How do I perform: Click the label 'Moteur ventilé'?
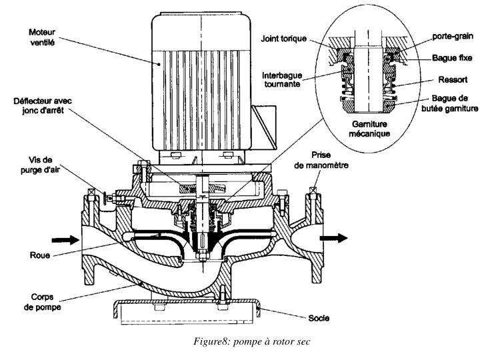click(42, 37)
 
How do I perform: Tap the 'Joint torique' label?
click(283, 39)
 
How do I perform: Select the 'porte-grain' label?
click(453, 37)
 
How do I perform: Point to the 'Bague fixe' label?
click(452, 57)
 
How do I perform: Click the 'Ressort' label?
click(453, 80)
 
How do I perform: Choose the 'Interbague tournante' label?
click(282, 79)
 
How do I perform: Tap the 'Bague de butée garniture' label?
click(449, 103)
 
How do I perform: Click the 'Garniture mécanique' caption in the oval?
click(369, 129)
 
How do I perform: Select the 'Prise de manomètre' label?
click(321, 160)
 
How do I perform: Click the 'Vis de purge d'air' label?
click(40, 165)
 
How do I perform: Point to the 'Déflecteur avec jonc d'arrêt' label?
click(43, 105)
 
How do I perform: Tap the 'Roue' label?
click(40, 255)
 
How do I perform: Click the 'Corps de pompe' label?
click(42, 302)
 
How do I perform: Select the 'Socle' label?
click(319, 318)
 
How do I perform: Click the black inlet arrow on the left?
click(65, 240)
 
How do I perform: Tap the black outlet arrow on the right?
click(334, 238)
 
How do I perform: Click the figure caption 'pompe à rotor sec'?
click(271, 341)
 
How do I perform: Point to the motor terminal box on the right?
click(264, 125)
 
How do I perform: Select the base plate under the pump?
click(187, 311)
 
